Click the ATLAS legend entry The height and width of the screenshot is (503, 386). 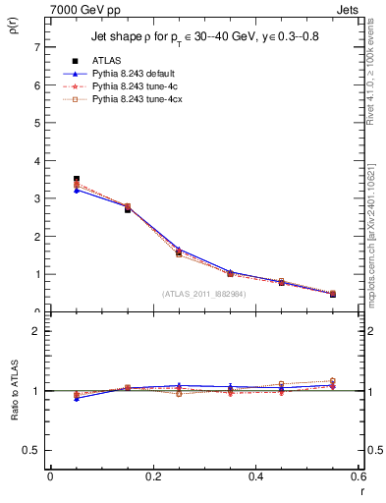coord(107,61)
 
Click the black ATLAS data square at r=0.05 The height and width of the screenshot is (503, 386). coord(77,179)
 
